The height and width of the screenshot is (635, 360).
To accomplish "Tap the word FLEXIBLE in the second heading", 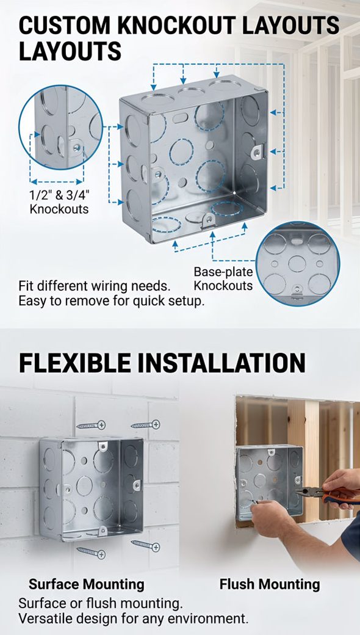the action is [x=75, y=363].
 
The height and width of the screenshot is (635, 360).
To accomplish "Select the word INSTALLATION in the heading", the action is [x=221, y=363].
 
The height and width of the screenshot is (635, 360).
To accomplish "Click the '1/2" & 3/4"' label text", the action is [x=59, y=195].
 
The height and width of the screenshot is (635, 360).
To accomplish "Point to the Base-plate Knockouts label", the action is [x=223, y=278].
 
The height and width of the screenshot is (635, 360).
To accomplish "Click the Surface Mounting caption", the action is [x=87, y=584].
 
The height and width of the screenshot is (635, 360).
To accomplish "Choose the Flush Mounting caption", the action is [x=270, y=584].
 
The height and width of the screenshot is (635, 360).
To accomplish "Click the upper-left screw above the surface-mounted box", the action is [x=91, y=425].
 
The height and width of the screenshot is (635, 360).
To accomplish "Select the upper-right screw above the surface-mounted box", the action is [x=146, y=425].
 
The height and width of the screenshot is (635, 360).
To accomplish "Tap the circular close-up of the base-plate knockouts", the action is [x=298, y=264].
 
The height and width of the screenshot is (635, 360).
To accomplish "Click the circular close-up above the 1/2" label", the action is [x=60, y=127].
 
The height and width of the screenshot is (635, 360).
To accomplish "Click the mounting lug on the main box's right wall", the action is [x=257, y=151].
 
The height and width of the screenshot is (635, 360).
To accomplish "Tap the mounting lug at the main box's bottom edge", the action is [x=208, y=220].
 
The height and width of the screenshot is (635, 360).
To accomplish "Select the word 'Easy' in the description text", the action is [x=32, y=301].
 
